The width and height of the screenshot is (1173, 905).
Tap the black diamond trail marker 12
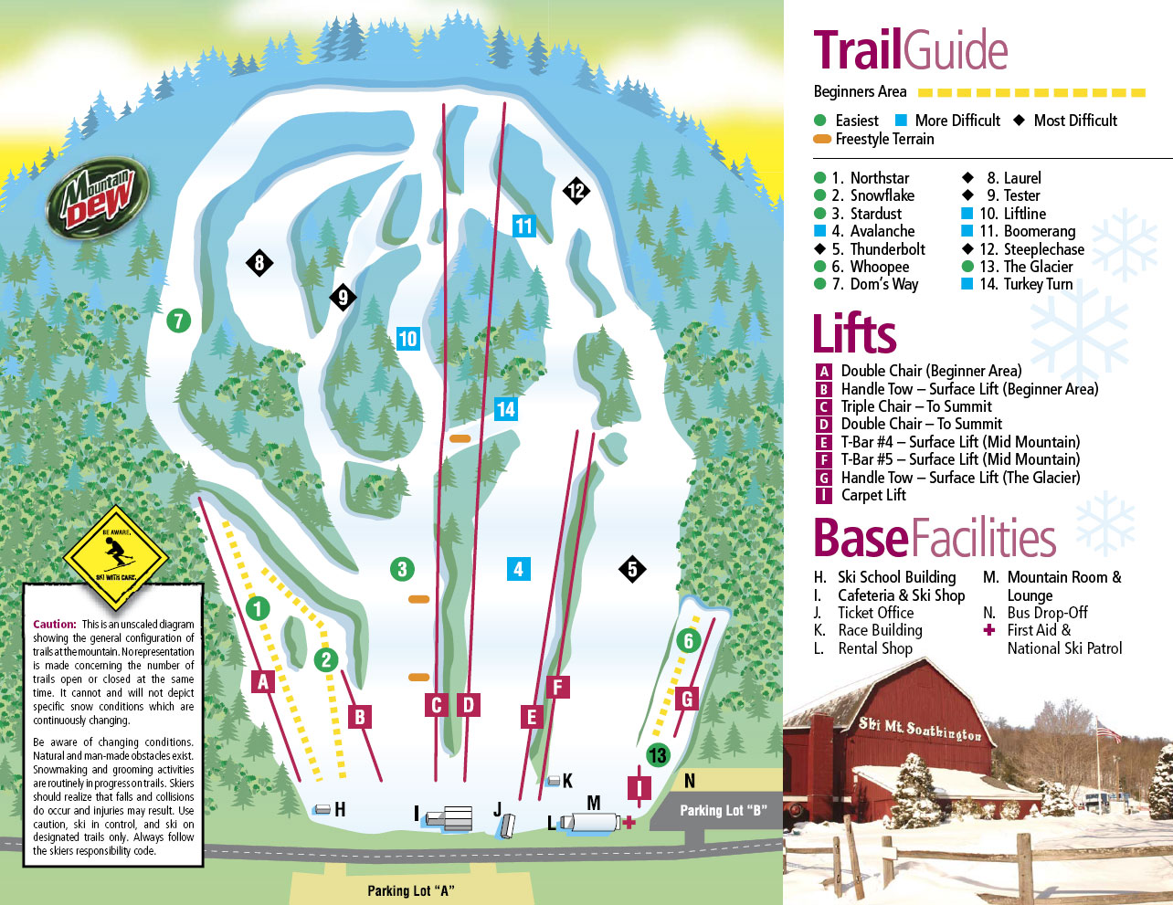pyautogui.click(x=576, y=191)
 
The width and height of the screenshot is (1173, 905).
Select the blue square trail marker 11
pyautogui.click(x=523, y=226)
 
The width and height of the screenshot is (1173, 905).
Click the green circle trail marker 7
pyautogui.click(x=178, y=321)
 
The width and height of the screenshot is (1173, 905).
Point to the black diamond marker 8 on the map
pyautogui.click(x=259, y=264)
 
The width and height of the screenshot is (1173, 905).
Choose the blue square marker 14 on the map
pyautogui.click(x=505, y=409)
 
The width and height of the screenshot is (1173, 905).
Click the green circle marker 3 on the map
pyautogui.click(x=402, y=570)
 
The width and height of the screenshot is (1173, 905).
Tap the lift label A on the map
pyautogui.click(x=263, y=681)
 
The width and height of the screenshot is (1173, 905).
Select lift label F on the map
pyautogui.click(x=557, y=687)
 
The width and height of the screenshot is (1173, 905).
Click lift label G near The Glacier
pyautogui.click(x=687, y=700)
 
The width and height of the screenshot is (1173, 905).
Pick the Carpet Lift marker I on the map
pyautogui.click(x=639, y=787)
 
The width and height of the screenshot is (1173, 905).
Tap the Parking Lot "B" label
pyautogui.click(x=723, y=810)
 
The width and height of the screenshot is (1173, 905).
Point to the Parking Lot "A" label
pyautogui.click(x=410, y=890)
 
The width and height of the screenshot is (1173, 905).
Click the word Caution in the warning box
pyautogui.click(x=54, y=625)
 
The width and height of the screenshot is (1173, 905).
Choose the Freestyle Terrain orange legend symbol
pyautogui.click(x=822, y=140)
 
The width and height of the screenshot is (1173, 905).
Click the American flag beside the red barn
pyautogui.click(x=1107, y=731)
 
